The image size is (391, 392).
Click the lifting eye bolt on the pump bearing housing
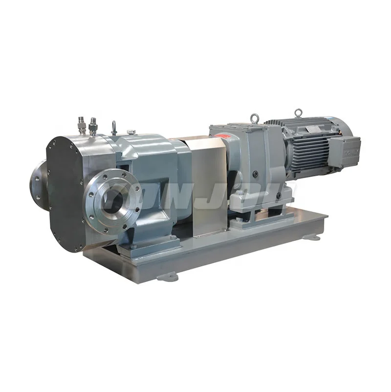point(114,128)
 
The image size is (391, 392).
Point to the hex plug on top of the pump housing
point(130,132)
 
